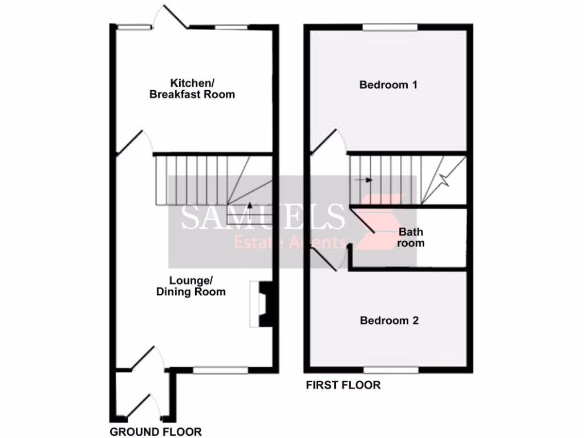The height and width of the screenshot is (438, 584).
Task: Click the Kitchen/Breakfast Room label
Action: [x=192, y=89]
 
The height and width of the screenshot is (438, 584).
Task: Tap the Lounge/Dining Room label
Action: [x=191, y=286]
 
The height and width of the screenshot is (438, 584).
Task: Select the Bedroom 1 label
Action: [x=388, y=85]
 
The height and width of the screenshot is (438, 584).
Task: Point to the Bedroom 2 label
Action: [x=389, y=321]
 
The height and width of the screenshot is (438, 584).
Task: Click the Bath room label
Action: [x=411, y=237]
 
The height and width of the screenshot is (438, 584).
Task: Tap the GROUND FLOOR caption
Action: [x=155, y=432]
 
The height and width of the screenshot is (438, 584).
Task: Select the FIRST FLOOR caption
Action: [x=343, y=385]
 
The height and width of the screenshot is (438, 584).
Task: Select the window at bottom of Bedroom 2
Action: [x=391, y=370]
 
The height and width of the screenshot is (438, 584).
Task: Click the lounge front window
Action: [x=220, y=370]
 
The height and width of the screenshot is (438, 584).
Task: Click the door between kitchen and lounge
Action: [x=131, y=142]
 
